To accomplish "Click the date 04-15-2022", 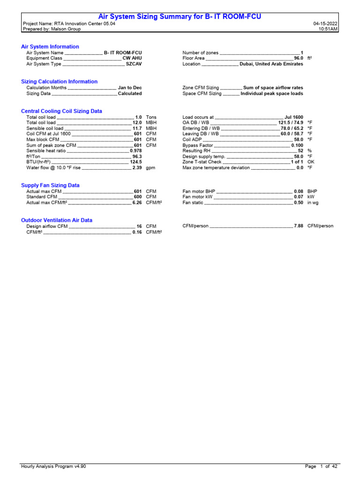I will point(325,23).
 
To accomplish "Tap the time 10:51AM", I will point(328,29).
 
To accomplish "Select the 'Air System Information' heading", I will point(50,47).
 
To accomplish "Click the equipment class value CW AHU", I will point(132,58).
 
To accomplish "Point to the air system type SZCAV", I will point(134,64).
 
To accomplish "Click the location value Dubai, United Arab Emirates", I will point(271,64).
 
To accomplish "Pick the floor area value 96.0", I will point(298,58).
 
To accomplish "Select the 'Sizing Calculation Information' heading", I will point(59,82).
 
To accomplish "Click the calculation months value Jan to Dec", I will point(130,88).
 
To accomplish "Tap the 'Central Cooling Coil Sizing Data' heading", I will point(61,111).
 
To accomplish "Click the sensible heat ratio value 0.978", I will point(135,150).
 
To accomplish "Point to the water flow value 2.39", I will point(137,167).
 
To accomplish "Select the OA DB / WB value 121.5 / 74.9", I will point(291,122).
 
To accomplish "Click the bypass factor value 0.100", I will point(297,145).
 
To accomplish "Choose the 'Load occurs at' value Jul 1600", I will point(293,117).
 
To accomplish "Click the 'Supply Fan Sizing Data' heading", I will point(50,186).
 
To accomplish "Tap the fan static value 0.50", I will point(299,202).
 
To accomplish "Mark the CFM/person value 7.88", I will point(299,226).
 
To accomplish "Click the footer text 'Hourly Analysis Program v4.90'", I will point(53,466).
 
